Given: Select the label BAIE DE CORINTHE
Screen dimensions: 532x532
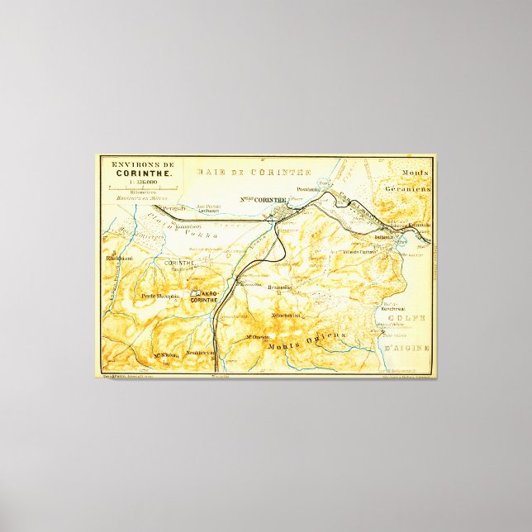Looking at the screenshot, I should [x=254, y=172].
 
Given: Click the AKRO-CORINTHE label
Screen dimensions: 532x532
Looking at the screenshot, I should [x=204, y=296].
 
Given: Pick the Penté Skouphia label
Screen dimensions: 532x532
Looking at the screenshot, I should [x=159, y=295].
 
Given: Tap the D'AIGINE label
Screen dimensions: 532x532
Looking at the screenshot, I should [x=406, y=347].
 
